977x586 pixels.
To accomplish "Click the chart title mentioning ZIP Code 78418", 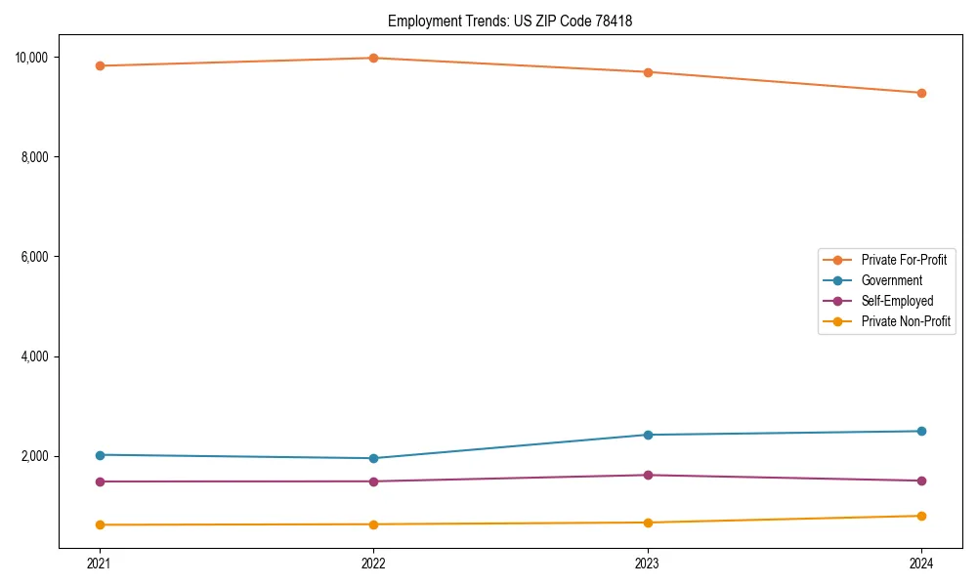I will [510, 21].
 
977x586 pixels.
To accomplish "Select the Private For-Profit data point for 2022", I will [373, 58].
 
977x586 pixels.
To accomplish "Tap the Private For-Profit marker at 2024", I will [921, 93].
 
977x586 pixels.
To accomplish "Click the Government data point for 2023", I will [648, 435].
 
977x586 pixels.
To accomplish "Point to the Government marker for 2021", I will [100, 455].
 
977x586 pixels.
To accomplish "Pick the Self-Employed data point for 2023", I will [648, 475].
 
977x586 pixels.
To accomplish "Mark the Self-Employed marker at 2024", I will [921, 481].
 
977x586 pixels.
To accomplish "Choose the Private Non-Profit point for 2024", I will [921, 516].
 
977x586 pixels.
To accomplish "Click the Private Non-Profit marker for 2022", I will [373, 524].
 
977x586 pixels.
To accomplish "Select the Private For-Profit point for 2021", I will [100, 65].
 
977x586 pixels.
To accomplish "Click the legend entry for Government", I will [891, 280].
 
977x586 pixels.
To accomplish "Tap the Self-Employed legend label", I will [897, 301].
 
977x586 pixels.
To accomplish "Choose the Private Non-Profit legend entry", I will [906, 321].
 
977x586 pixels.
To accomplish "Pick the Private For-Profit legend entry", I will [904, 260].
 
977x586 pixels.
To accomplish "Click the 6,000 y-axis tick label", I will [34, 257].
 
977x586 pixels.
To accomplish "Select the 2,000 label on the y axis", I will [34, 456].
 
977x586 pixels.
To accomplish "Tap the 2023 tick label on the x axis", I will [648, 563].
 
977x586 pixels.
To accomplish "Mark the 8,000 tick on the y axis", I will [34, 157].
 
